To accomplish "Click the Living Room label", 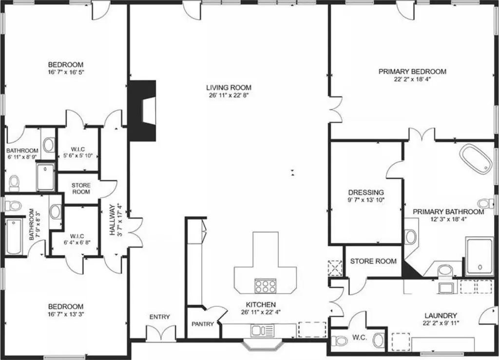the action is coord(229,88).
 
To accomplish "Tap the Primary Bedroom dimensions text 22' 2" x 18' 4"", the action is coord(412,79).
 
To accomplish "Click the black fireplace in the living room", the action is coord(142,111).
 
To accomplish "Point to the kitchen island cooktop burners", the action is coord(265,285).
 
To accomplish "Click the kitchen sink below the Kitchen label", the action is coord(263,331).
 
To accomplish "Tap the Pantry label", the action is coord(202,324).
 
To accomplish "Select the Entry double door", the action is coord(161,334).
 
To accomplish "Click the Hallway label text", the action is coord(113,220).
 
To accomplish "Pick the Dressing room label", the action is coord(366,192).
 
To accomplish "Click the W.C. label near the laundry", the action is coord(360,338).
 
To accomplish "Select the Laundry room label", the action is coord(441,316).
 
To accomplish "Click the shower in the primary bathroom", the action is coord(480,256).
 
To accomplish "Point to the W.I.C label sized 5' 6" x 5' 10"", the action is coord(77,149).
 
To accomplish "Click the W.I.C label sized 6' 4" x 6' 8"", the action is coord(77,236).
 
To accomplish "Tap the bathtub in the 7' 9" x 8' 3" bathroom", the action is coord(14,237).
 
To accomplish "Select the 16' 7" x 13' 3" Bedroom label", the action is coord(66,306).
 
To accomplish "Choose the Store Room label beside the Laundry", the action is coord(373,262).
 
